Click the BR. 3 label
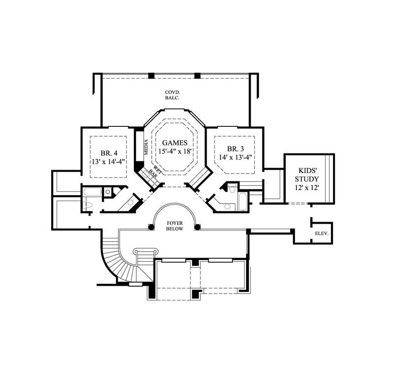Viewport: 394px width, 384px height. click(x=235, y=148)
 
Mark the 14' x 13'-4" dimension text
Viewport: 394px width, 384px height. click(x=235, y=158)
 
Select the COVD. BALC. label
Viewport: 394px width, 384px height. click(x=172, y=95)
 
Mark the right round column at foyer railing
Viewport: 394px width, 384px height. click(x=197, y=227)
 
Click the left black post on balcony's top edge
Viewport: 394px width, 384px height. click(x=151, y=76)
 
